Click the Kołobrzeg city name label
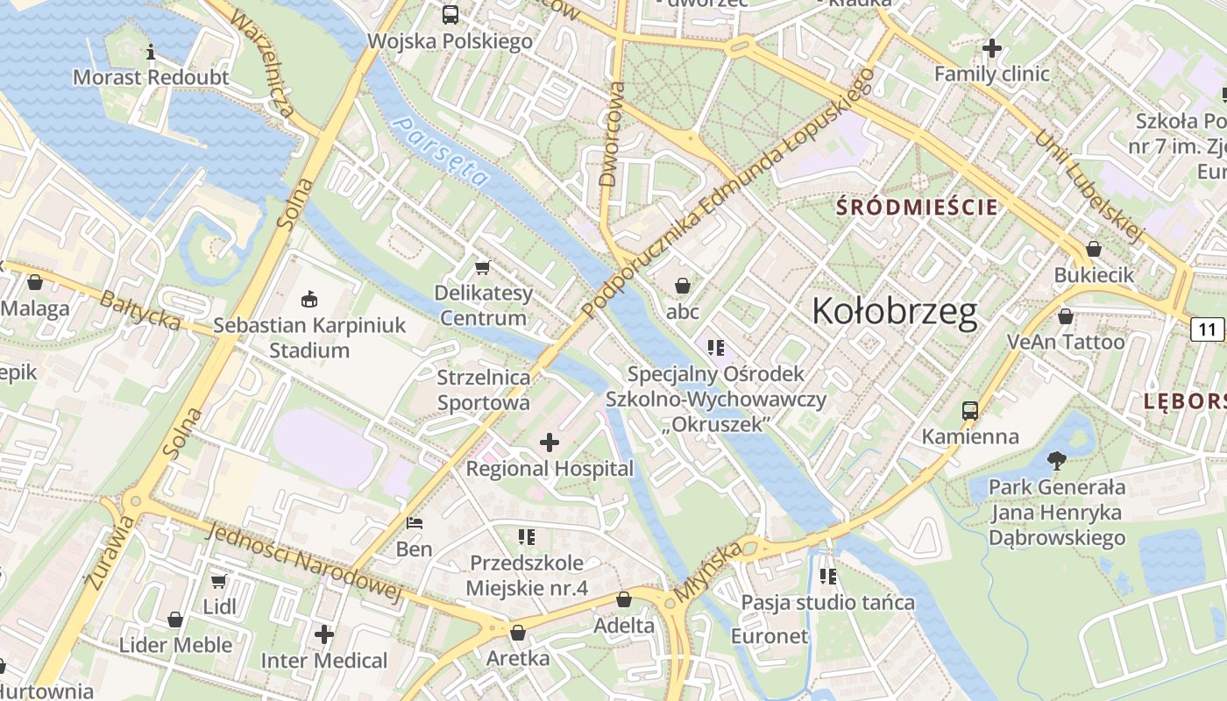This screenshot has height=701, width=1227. coord(894,312)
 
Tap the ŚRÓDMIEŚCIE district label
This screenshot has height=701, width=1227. coord(918,208)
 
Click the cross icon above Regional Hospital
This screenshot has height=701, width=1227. coord(550,443)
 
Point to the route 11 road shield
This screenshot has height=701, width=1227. coord(1207,329)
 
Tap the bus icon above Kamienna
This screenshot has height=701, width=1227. coord(969,410)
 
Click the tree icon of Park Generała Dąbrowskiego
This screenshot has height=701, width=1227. coord(1056,461)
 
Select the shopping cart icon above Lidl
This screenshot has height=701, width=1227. coord(219,581)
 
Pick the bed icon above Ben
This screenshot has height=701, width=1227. coord(415,523)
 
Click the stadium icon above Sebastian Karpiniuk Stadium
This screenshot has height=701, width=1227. coord(309,300)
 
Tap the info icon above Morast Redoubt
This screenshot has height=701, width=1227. coord(151,52)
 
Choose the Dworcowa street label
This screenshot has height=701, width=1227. coord(611,134)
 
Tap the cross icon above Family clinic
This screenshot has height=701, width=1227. coord(992,48)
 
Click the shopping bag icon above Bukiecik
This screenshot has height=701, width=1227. coord(1093,250)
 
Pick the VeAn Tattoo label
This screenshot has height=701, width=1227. coord(1065,342)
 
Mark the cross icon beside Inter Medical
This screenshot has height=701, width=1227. coord(324,634)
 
